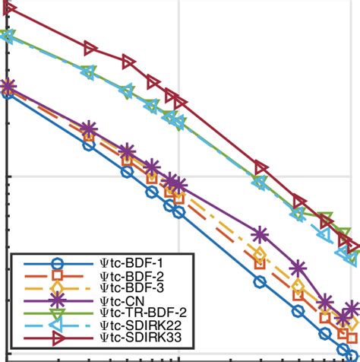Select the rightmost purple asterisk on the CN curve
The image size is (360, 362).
(352, 310)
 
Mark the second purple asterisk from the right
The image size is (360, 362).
(326, 302)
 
